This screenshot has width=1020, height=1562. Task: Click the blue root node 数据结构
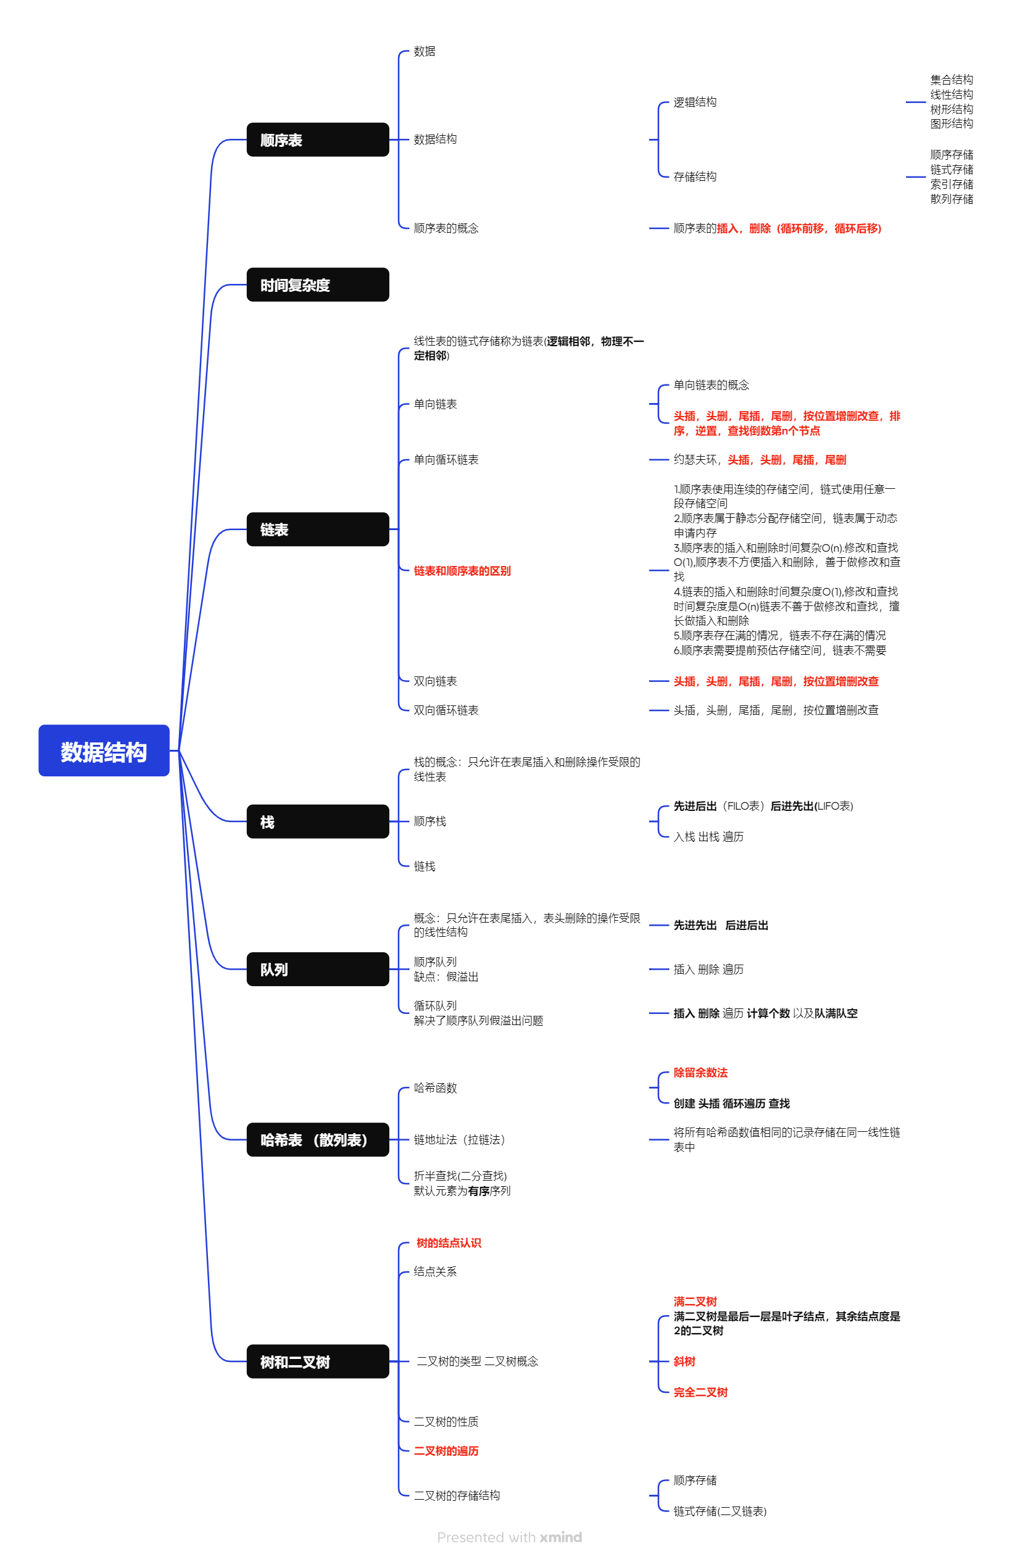104,751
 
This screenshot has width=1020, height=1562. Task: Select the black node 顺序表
317,140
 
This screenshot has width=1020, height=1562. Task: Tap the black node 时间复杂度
317,285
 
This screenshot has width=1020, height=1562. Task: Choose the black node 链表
317,530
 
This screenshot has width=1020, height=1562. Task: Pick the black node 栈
317,821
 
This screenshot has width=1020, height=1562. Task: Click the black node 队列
317,970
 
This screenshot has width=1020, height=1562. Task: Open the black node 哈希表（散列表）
317,1140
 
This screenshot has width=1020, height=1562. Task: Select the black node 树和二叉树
317,1362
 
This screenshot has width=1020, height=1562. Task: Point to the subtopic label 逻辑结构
694,102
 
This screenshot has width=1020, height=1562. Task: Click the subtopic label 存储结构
694,177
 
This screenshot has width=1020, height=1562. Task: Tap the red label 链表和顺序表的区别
462,571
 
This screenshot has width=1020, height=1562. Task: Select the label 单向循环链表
446,459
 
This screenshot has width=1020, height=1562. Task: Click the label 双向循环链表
446,710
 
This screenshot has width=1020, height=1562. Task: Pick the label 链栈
424,866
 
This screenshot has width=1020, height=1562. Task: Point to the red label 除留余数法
700,1073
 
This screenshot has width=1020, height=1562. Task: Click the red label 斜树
684,1361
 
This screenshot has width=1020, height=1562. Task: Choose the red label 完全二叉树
700,1392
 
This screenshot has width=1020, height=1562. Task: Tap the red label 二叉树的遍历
446,1450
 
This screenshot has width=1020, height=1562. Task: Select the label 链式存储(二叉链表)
719,1511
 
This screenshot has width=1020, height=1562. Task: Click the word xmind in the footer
560,1537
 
